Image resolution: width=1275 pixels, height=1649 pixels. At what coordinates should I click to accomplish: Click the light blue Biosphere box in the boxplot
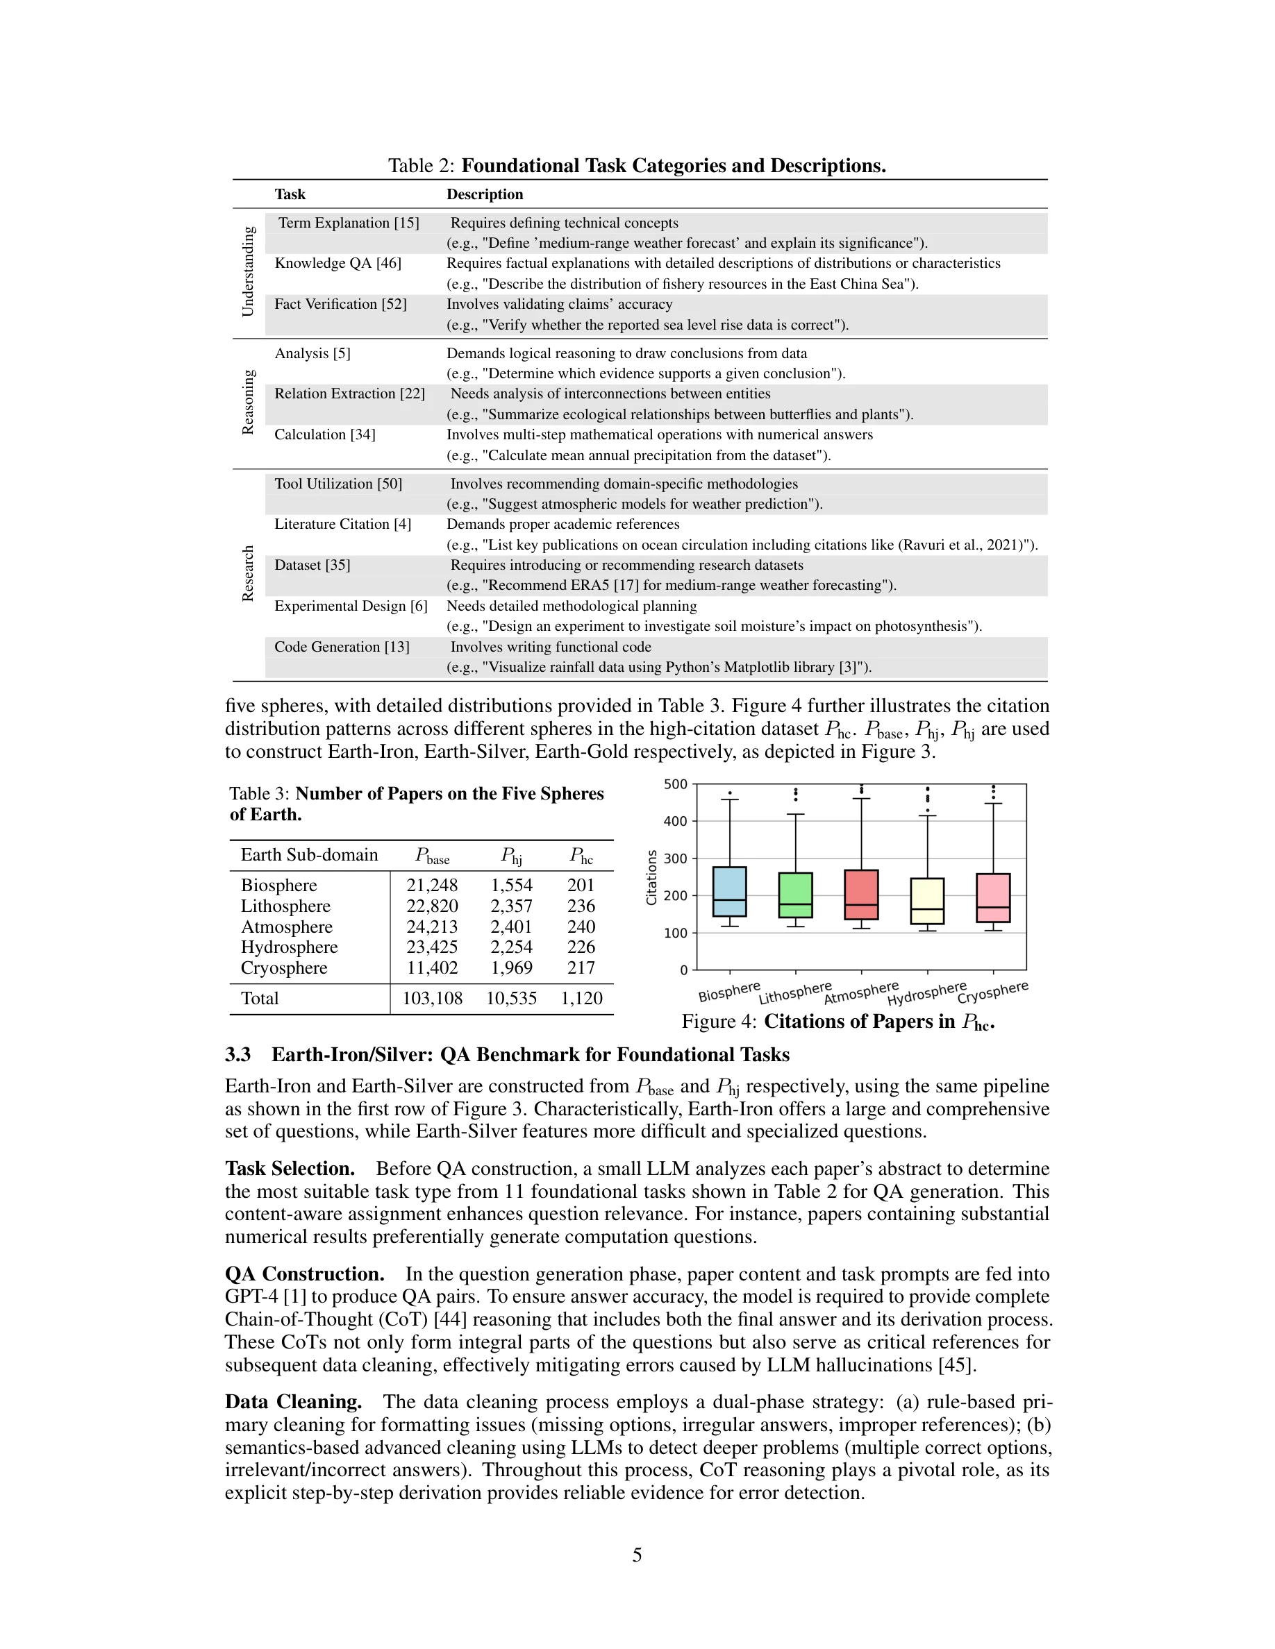click(x=729, y=891)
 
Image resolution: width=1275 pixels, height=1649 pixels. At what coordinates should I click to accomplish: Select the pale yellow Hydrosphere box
click(x=927, y=900)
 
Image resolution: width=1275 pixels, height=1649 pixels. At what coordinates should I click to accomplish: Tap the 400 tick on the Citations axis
click(x=675, y=821)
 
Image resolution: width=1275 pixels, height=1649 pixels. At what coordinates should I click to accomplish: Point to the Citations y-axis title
click(x=651, y=877)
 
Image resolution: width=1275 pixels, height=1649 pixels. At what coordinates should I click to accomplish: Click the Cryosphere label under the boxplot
click(x=992, y=992)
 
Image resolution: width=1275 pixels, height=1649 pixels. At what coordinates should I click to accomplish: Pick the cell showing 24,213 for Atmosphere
click(x=432, y=927)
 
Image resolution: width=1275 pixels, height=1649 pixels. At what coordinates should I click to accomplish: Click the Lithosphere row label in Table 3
click(x=285, y=906)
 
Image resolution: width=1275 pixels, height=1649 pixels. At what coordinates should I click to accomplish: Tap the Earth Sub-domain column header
click(x=309, y=855)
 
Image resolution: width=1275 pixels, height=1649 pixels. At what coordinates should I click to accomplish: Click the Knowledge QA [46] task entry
click(x=337, y=263)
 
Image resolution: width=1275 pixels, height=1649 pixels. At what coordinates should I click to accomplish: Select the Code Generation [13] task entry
click(x=342, y=646)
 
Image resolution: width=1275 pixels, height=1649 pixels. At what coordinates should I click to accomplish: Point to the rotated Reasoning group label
click(x=249, y=402)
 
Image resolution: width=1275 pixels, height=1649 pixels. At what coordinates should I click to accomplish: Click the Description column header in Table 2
click(x=484, y=194)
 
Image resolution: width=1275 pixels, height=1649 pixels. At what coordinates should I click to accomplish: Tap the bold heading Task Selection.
click(x=290, y=1168)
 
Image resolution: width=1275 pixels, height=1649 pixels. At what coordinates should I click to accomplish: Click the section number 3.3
click(x=237, y=1054)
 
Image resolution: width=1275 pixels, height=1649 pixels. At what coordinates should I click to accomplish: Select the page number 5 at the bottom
click(x=637, y=1555)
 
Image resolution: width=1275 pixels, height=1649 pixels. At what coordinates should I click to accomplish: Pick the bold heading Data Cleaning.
click(x=293, y=1401)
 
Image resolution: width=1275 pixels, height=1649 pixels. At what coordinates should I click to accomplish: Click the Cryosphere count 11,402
click(x=432, y=968)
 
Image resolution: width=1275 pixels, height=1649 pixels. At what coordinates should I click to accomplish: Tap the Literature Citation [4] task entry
click(x=342, y=524)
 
